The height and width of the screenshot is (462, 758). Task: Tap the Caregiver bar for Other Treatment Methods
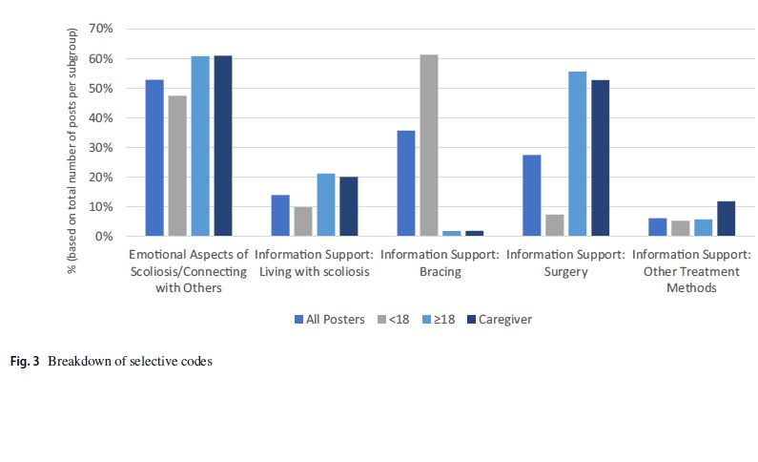click(x=726, y=219)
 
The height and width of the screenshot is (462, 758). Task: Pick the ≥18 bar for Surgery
click(x=577, y=154)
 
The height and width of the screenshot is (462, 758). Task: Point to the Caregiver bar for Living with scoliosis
click(x=348, y=206)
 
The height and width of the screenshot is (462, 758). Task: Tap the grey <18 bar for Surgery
click(x=554, y=225)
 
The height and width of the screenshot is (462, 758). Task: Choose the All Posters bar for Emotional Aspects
click(x=154, y=157)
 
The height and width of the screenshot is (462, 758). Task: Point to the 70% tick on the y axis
click(x=100, y=29)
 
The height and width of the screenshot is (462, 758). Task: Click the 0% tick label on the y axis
click(x=104, y=236)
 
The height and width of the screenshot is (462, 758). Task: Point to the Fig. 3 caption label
click(x=26, y=363)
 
